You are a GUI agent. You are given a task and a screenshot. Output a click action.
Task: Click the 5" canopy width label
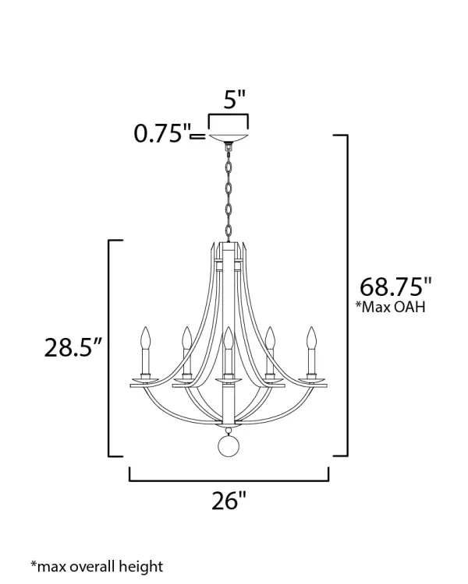pyautogui.click(x=235, y=99)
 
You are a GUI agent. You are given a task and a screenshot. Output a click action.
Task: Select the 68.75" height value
pyautogui.click(x=395, y=287)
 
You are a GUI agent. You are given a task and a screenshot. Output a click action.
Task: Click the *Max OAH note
pyautogui.click(x=390, y=307)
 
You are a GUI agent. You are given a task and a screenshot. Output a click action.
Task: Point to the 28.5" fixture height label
pyautogui.click(x=73, y=347)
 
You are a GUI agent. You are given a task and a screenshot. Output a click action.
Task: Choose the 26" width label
pyautogui.click(x=229, y=500)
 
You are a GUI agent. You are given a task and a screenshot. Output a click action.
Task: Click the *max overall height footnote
pyautogui.click(x=97, y=566)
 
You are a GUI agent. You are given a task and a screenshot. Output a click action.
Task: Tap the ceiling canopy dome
pyautogui.click(x=229, y=137)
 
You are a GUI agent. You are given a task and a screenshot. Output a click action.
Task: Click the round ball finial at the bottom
pyautogui.click(x=228, y=445)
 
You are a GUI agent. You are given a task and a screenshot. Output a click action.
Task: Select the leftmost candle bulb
pyautogui.click(x=146, y=337)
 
